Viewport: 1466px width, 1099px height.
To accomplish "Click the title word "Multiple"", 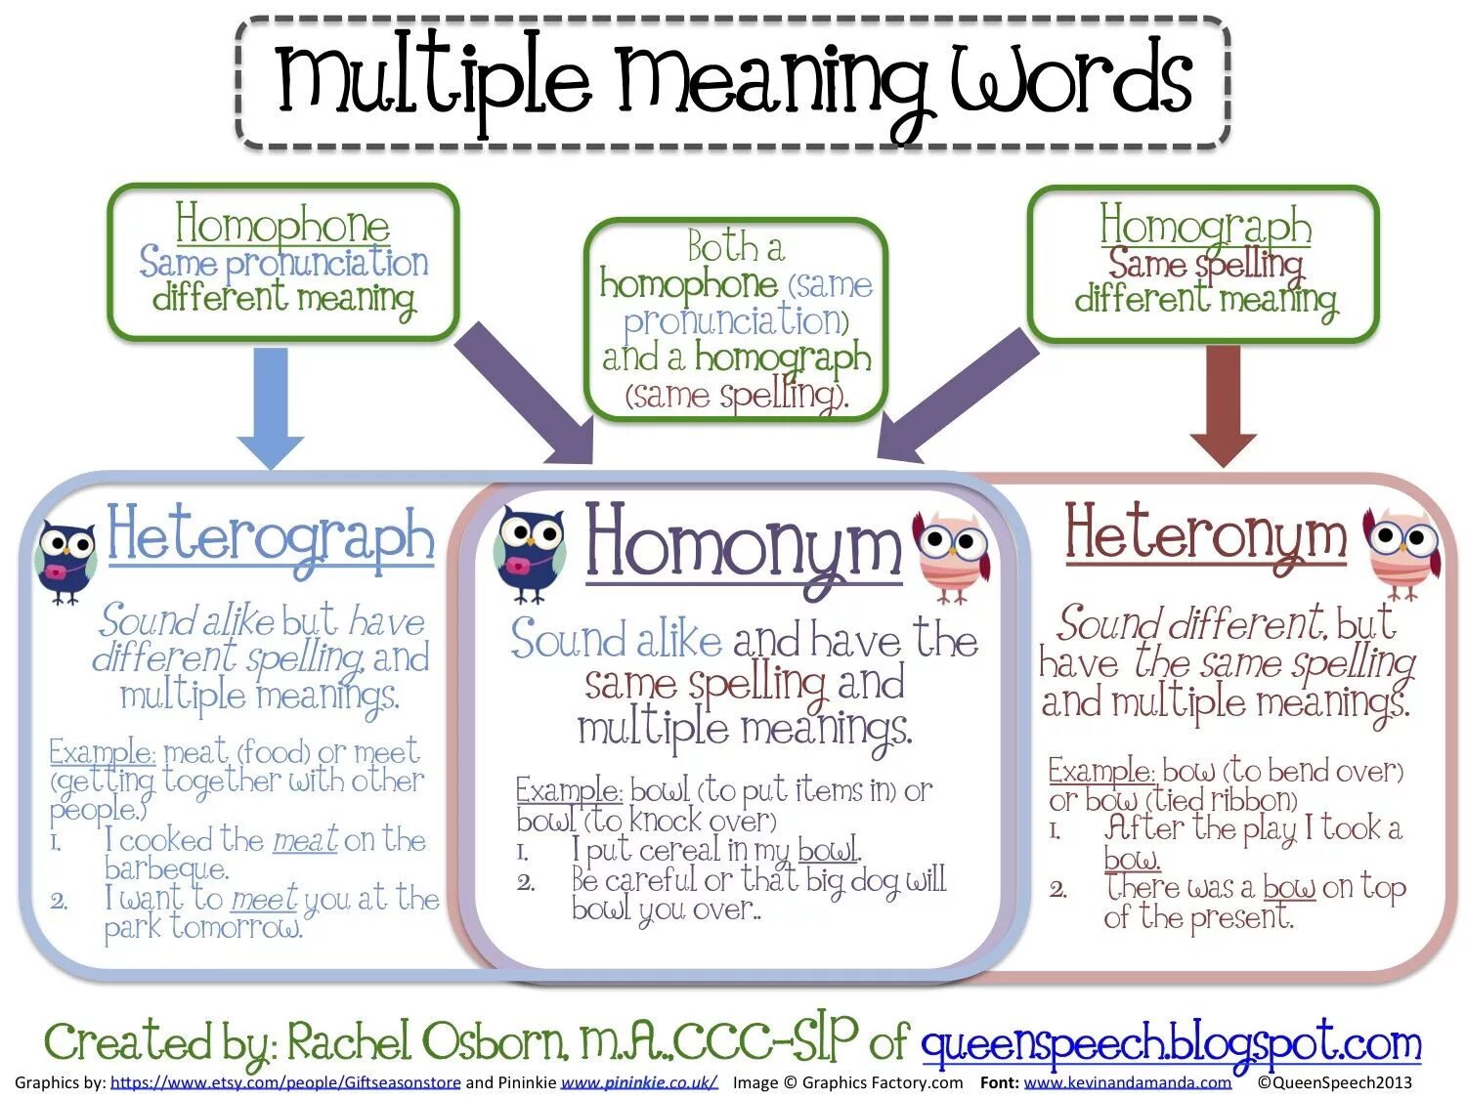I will coord(434,80).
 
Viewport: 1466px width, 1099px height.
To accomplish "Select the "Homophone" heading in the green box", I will coord(282,225).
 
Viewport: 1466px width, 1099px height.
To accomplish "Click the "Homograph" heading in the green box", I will coord(1205,227).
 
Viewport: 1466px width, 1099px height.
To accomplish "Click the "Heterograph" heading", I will coord(271,537).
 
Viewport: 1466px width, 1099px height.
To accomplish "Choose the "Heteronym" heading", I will coord(1205,535).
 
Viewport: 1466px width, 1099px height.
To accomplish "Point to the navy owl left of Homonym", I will coord(530,554).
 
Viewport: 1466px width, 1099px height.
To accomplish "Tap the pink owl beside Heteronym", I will coord(1402,549).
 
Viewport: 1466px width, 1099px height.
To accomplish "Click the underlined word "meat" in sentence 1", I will coord(305,839).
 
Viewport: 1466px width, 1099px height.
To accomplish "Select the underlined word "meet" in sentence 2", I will coord(264,899).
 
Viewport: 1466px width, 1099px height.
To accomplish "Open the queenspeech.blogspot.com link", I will coord(1170,1043).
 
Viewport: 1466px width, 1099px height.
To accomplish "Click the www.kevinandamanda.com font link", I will coord(1127,1082).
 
